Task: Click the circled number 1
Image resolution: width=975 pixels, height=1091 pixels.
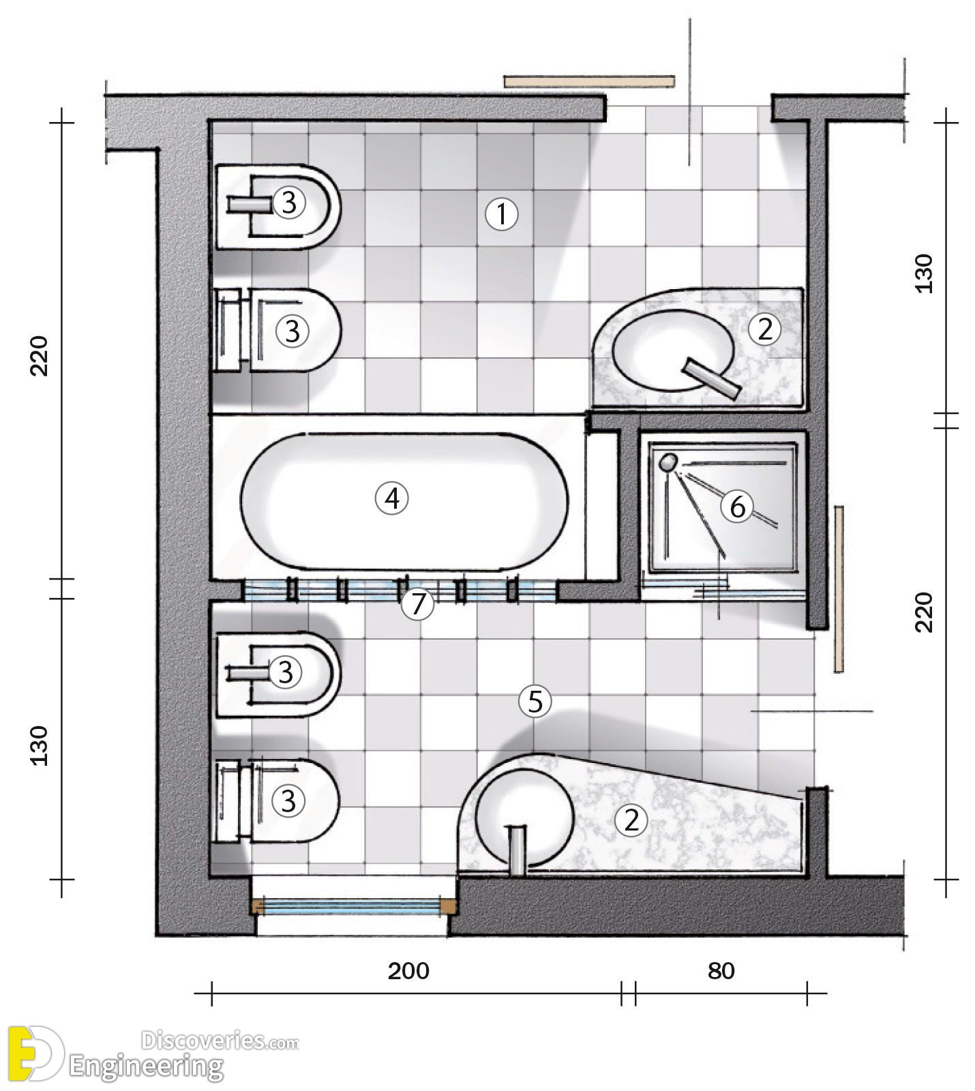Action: click(502, 215)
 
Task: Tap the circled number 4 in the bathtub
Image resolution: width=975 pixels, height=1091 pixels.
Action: click(392, 499)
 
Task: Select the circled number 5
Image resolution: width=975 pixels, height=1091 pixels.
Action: click(535, 701)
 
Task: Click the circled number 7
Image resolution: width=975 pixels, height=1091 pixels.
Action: click(417, 604)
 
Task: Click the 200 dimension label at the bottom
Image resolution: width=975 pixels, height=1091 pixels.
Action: click(409, 970)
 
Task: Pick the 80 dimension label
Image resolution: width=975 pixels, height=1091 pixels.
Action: click(721, 970)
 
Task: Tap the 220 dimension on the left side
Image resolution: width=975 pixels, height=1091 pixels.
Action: click(41, 355)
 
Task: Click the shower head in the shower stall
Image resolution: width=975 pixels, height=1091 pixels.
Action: click(668, 462)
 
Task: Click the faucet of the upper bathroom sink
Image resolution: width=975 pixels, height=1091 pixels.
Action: click(712, 378)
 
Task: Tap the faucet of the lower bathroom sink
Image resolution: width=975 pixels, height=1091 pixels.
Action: click(518, 849)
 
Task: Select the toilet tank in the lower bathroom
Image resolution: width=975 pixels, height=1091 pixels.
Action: click(229, 801)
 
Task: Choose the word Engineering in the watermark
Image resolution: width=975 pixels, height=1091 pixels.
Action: click(147, 1066)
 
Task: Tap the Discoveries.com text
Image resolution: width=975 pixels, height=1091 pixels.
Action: click(220, 1041)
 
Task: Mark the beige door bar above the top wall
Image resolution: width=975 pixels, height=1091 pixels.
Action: click(589, 81)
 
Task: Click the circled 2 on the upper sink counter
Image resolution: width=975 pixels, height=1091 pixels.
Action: click(764, 329)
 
